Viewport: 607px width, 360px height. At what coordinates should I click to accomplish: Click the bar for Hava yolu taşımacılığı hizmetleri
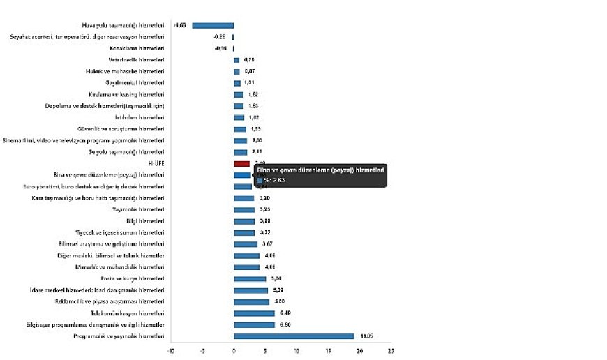click(x=213, y=25)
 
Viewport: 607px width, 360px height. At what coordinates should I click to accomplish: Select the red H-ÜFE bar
click(x=241, y=163)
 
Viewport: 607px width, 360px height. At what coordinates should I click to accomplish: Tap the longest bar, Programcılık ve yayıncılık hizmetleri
click(x=294, y=336)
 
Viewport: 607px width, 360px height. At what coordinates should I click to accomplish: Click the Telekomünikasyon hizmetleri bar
click(x=254, y=313)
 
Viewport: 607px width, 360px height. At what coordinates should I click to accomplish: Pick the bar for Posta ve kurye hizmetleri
click(x=250, y=278)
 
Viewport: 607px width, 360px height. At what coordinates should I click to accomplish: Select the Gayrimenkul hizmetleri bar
click(x=237, y=83)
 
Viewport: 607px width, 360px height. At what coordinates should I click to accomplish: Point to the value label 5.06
click(x=276, y=278)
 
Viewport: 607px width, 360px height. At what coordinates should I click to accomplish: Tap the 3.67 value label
click(x=267, y=244)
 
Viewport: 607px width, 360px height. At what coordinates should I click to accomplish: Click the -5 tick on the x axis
click(x=202, y=351)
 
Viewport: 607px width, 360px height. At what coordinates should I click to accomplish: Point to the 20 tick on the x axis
click(x=360, y=351)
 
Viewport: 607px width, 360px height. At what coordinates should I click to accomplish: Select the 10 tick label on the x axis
click(x=297, y=351)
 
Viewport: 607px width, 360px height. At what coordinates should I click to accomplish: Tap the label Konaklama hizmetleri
click(x=138, y=48)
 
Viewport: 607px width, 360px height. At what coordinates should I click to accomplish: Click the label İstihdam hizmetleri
click(x=145, y=117)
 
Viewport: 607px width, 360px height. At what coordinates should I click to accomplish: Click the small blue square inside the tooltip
click(x=260, y=180)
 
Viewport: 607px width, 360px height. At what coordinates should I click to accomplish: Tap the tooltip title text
click(x=322, y=170)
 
